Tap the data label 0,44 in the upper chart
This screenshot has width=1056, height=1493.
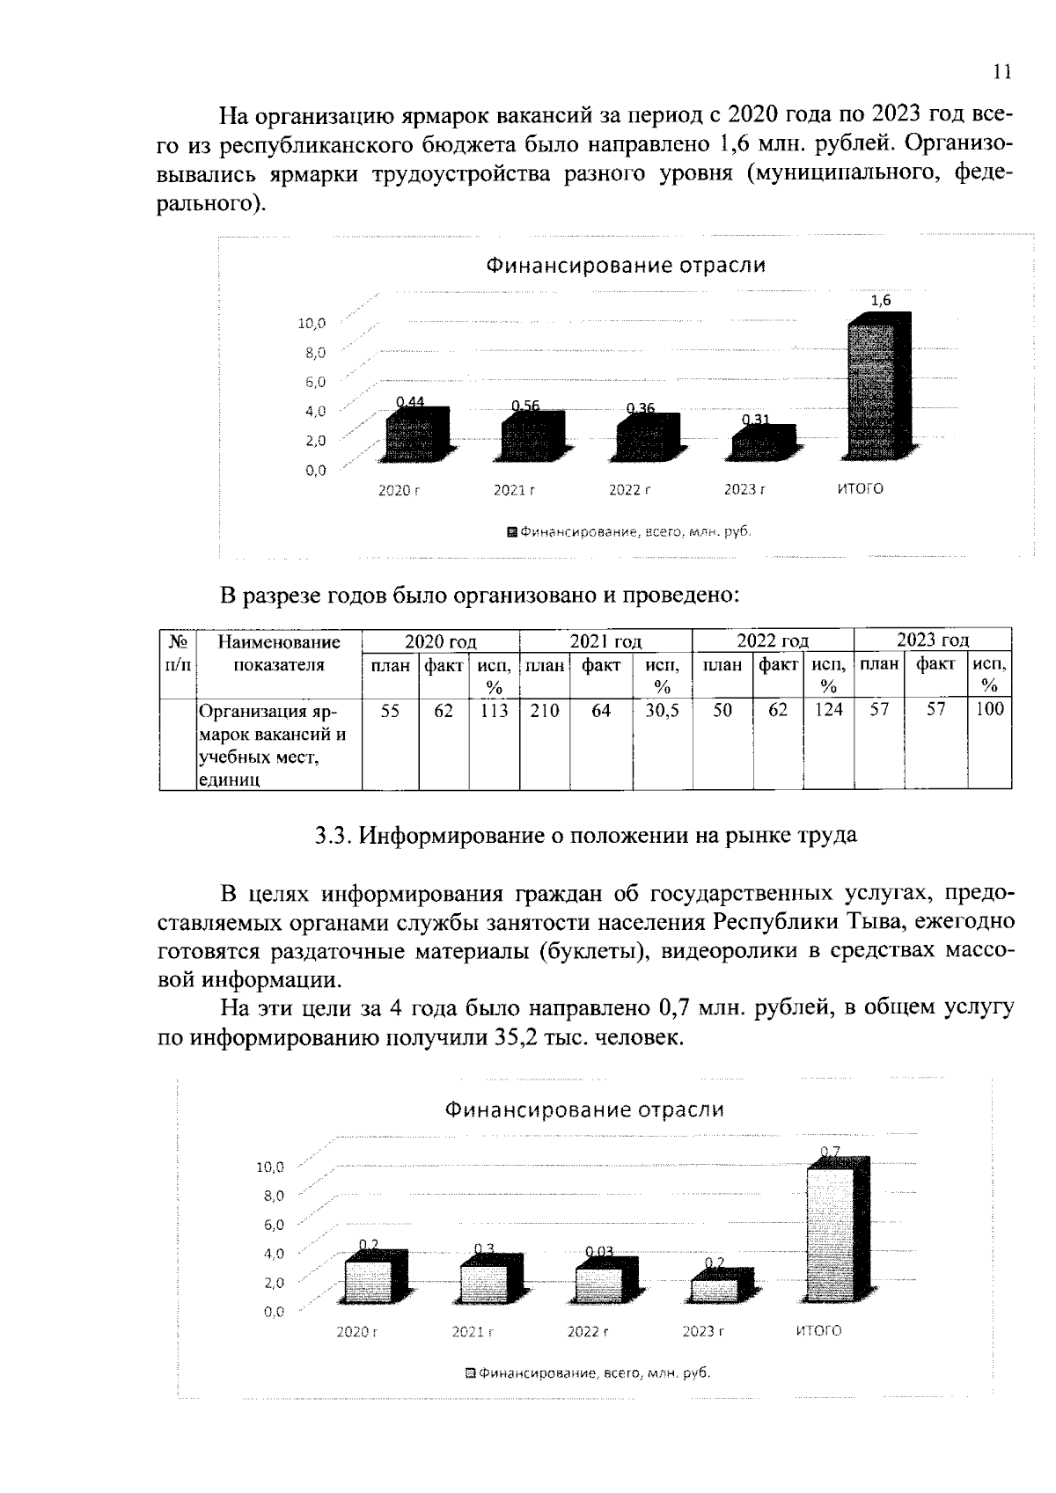pyautogui.click(x=410, y=402)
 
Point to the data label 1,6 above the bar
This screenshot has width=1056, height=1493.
pyautogui.click(x=880, y=301)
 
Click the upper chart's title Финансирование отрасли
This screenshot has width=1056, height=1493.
pyautogui.click(x=627, y=266)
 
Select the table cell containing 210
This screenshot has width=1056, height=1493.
pyautogui.click(x=544, y=710)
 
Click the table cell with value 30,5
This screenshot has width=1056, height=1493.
pyautogui.click(x=662, y=710)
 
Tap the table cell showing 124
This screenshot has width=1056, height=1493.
pyautogui.click(x=828, y=709)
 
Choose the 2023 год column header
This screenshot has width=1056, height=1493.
pyautogui.click(x=932, y=640)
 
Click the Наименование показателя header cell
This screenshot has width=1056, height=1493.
pyautogui.click(x=278, y=654)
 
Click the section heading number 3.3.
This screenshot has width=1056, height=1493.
pyautogui.click(x=334, y=836)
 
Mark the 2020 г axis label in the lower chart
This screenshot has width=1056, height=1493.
pyautogui.click(x=356, y=1332)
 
